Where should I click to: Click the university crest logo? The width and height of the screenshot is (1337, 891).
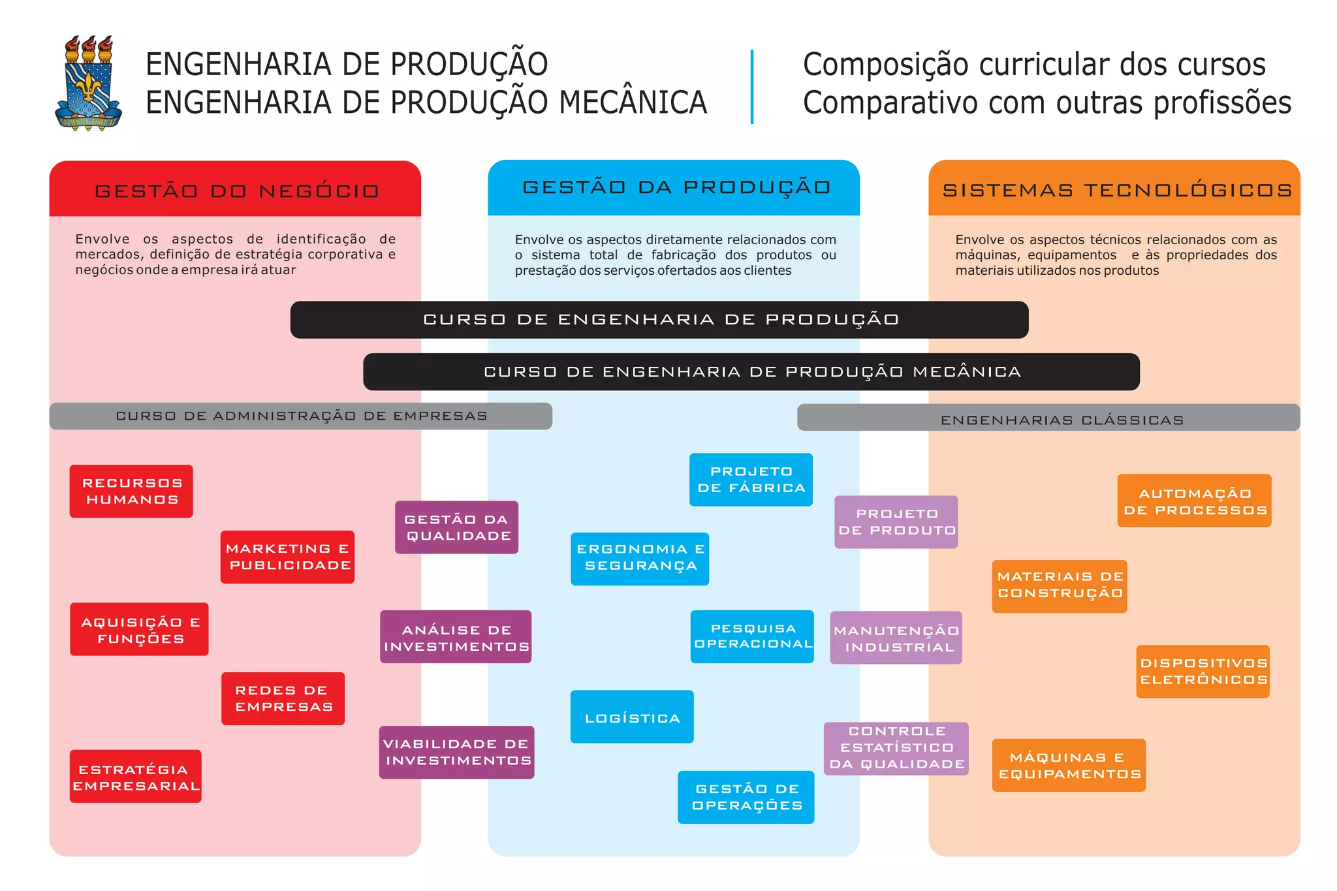pos(88,84)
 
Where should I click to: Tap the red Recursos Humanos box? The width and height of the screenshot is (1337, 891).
pos(131,492)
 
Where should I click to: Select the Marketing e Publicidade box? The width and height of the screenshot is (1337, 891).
pos(287,557)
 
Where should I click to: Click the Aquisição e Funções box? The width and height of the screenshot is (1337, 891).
pos(139,629)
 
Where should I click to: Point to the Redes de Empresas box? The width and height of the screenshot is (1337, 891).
pos(283,698)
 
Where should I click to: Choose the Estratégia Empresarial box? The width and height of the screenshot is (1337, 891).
pos(136,777)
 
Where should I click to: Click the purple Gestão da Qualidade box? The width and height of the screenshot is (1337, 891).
pos(456,527)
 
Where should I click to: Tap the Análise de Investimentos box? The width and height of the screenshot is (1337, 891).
pos(456,637)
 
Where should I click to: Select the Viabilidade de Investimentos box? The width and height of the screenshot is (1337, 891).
pos(456,753)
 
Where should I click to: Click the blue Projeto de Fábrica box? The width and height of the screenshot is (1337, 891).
pos(751,480)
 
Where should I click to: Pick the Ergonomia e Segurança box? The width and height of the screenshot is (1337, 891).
pos(640,559)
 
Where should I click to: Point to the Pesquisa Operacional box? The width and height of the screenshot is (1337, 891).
pos(752,636)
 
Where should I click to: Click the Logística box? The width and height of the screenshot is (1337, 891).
pos(632,717)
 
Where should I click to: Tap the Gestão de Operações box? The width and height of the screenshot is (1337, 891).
pos(746,797)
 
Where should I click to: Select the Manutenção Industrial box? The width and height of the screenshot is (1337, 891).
pos(896,638)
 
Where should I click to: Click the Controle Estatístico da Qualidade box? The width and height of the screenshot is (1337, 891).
pos(896,749)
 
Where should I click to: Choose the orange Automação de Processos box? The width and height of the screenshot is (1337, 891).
pos(1194,501)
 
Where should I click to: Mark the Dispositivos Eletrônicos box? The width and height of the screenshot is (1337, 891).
pos(1203,672)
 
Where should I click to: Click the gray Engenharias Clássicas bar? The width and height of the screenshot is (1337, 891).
pos(1048,418)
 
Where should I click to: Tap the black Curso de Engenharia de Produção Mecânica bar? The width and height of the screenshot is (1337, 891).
pos(751,372)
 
